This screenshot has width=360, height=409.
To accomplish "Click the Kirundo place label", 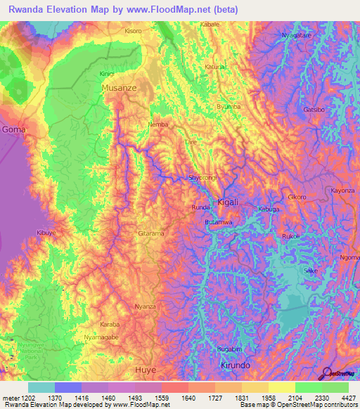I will pyautogui.click(x=235, y=366).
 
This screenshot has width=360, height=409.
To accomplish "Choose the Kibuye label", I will pyautogui.click(x=46, y=232).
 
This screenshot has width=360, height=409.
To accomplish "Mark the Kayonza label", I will pyautogui.click(x=342, y=190).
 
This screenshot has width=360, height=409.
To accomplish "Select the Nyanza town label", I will pyautogui.click(x=145, y=307).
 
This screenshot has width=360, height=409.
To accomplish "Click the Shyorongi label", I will pyautogui.click(x=204, y=178).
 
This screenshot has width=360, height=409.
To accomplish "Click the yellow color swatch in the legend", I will pyautogui.click(x=281, y=387).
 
